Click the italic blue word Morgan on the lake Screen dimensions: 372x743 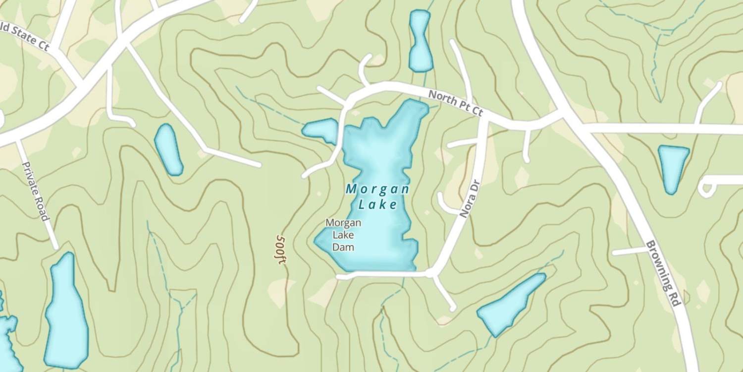[x=377, y=189]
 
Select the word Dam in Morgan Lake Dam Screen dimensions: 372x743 [x=343, y=247]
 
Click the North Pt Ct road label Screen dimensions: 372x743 [x=455, y=103]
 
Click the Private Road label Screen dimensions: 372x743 [x=36, y=191]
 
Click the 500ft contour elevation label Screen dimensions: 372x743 [x=281, y=249]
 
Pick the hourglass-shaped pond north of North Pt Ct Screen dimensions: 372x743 [x=420, y=41]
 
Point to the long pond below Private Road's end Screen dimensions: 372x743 [x=65, y=312]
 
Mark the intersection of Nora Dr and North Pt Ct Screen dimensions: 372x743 [x=483, y=119]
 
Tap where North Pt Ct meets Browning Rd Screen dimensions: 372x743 [x=567, y=118]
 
